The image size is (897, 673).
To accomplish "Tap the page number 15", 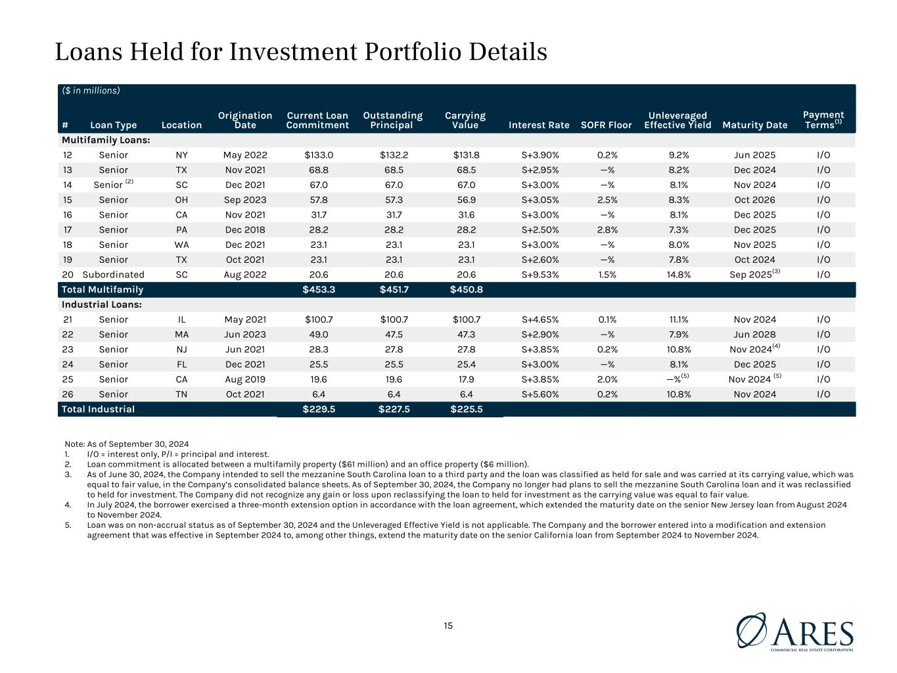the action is [448, 626].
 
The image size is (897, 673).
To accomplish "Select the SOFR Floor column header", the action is [606, 125].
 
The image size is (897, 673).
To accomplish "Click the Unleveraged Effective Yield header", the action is [678, 120].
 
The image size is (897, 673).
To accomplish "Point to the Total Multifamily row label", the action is [102, 290].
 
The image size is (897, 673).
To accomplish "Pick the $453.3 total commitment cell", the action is [318, 290].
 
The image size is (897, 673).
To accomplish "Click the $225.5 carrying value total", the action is [467, 409].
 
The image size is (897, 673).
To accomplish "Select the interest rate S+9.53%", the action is [540, 275].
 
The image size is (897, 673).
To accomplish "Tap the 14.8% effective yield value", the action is [678, 275].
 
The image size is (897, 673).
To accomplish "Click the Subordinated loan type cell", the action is [113, 275].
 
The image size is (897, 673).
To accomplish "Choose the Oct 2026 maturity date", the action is [754, 200].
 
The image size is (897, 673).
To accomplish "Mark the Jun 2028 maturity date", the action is [754, 335].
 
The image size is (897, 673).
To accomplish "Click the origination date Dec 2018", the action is [244, 229].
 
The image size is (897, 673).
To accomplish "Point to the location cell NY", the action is [181, 155].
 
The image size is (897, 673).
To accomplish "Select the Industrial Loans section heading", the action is [102, 304].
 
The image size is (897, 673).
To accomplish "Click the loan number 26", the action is [68, 394].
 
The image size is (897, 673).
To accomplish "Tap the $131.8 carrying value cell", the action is [467, 155].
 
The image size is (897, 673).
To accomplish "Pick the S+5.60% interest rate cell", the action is [540, 394].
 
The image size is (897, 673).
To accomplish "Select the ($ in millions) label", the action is [91, 90].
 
